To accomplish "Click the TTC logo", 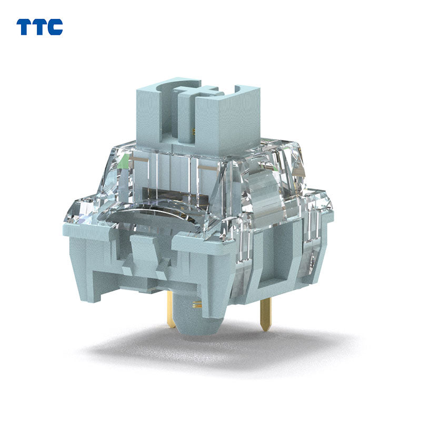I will [39, 27].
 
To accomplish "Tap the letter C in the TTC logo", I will [55, 27].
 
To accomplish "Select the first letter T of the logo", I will [24, 27].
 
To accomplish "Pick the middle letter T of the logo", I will [39, 27].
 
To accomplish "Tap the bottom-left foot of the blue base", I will [97, 287].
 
